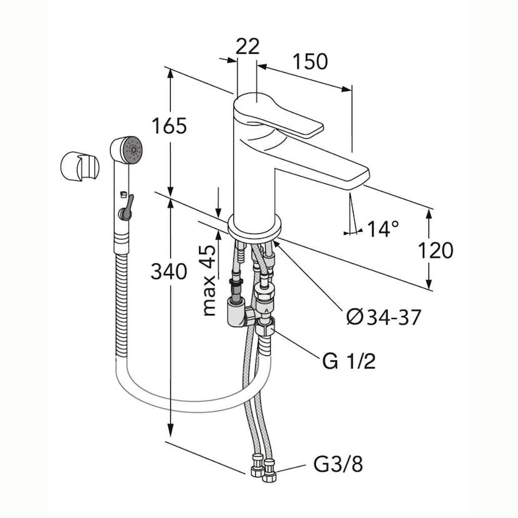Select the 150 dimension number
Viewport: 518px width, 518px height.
pyautogui.click(x=310, y=61)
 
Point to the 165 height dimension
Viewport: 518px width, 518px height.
pyautogui.click(x=169, y=126)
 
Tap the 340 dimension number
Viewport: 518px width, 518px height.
pyautogui.click(x=169, y=271)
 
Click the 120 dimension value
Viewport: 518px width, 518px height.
pyautogui.click(x=435, y=250)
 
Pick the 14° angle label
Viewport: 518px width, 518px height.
pyautogui.click(x=383, y=229)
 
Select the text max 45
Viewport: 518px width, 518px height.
pyautogui.click(x=210, y=280)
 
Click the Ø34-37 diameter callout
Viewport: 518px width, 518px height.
pyautogui.click(x=383, y=318)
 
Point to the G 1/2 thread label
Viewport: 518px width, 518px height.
pyautogui.click(x=349, y=362)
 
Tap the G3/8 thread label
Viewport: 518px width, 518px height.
pyautogui.click(x=338, y=465)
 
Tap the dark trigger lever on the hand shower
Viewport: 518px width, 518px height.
pyautogui.click(x=126, y=207)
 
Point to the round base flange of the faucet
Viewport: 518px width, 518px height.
pyautogui.click(x=255, y=225)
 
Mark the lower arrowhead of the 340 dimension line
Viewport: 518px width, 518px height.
pyautogui.click(x=170, y=435)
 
